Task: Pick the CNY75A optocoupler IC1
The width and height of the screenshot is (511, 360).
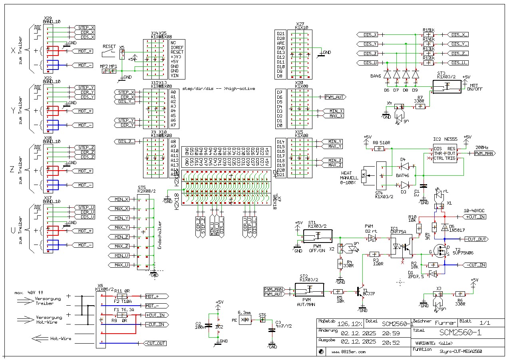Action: (402, 247)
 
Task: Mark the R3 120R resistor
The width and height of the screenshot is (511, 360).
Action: (374, 254)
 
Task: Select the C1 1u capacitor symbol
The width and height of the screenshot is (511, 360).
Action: (424, 185)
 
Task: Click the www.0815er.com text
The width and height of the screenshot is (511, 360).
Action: (349, 352)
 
